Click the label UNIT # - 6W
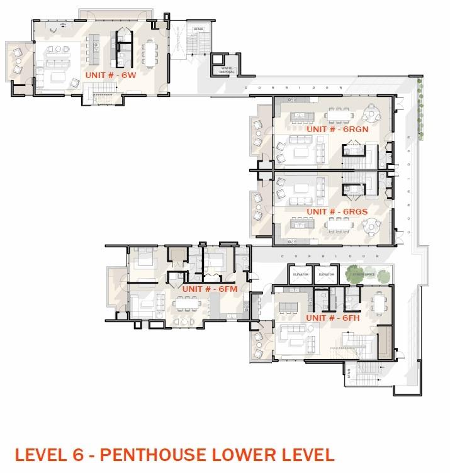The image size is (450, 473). pyautogui.click(x=111, y=74)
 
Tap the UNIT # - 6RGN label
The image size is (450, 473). pyautogui.click(x=332, y=129)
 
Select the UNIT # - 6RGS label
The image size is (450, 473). pyautogui.click(x=332, y=211)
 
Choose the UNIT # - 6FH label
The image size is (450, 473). pyautogui.click(x=332, y=318)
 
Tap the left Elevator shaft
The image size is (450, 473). pyautogui.click(x=300, y=275)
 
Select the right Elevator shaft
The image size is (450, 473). pyautogui.click(x=325, y=275)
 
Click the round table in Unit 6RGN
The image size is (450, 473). pyautogui.click(x=373, y=114)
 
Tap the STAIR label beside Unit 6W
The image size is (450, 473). pyautogui.click(x=198, y=29)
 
